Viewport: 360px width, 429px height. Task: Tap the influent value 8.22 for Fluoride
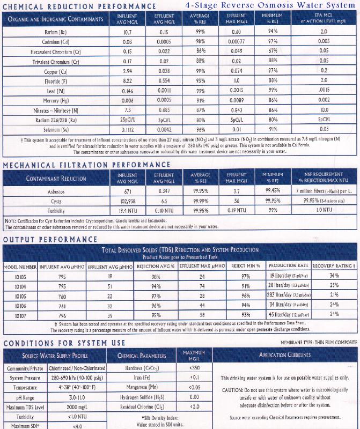128,80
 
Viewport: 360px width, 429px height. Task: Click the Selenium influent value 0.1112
128,129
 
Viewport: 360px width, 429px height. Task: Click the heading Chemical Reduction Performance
79,5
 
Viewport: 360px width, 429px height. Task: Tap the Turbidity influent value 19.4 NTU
128,211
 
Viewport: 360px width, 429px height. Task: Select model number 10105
21,295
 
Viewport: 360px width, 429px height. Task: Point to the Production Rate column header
288,266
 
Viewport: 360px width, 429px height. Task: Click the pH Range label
21,398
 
